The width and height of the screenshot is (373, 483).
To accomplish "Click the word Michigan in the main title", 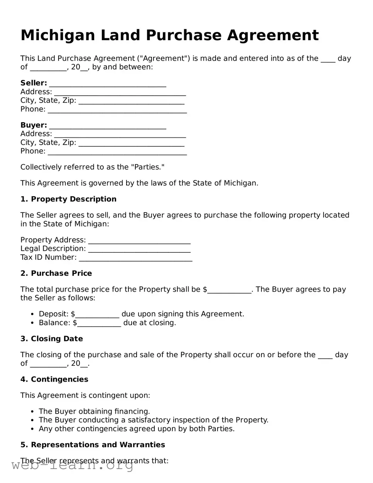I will [x=57, y=35].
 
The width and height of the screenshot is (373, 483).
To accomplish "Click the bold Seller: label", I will [x=34, y=83].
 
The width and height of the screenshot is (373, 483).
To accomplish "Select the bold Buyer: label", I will [x=34, y=125].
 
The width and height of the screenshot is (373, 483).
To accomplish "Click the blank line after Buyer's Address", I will [x=120, y=135].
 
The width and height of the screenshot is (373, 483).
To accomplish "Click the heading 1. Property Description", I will [x=68, y=199].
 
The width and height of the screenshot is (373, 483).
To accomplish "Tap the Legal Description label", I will [x=53, y=249].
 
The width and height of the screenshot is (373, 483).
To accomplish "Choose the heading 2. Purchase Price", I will [x=56, y=273].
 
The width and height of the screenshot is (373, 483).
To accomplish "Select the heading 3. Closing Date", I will [x=52, y=339].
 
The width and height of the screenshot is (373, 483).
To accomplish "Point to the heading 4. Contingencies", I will [x=54, y=379].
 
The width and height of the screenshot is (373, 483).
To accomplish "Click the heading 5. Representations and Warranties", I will [x=93, y=445].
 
